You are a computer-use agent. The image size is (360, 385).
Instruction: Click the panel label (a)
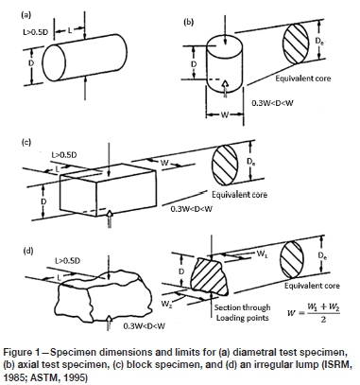[x=26, y=15]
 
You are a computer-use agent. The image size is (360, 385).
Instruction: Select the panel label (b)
[x=188, y=22]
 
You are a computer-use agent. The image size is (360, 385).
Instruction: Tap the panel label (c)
[x=26, y=142]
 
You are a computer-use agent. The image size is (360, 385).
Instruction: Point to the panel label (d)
[x=28, y=251]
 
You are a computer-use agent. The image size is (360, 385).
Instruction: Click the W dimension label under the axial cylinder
[x=224, y=114]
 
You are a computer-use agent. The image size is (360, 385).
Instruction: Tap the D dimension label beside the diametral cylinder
[x=31, y=62]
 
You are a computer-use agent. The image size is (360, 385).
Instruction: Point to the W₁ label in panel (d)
[x=262, y=254]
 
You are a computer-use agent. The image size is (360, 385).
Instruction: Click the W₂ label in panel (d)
[x=166, y=304]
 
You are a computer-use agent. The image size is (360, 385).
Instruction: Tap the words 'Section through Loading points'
[x=243, y=312]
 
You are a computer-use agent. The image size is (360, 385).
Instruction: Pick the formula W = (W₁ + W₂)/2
[x=314, y=313]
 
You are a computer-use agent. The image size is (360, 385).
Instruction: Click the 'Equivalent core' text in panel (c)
[x=239, y=195]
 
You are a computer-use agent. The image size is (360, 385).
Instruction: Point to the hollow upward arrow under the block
[x=110, y=218]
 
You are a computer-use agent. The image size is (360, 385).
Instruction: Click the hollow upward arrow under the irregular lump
[x=109, y=323]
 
